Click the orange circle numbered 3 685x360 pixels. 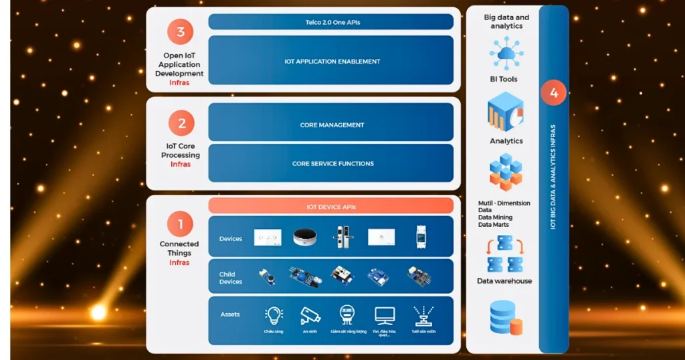click(181, 31)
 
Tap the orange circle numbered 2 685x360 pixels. click(181, 123)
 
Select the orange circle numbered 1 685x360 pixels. click(180, 224)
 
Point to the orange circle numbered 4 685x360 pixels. click(553, 94)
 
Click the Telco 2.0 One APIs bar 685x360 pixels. click(331, 22)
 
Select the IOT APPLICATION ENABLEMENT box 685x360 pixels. click(331, 61)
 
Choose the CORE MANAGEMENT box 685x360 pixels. click(331, 124)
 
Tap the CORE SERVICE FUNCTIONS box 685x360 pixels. click(331, 163)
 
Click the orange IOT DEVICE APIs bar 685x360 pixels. click(331, 207)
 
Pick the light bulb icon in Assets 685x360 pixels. click(274, 316)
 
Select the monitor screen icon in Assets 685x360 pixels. click(385, 315)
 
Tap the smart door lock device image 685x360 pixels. click(343, 238)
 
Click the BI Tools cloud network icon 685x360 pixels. click(506, 53)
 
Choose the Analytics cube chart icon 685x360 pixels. click(506, 112)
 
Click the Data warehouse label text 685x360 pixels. click(504, 281)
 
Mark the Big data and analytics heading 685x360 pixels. click(506, 21)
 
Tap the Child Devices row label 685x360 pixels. click(231, 278)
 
